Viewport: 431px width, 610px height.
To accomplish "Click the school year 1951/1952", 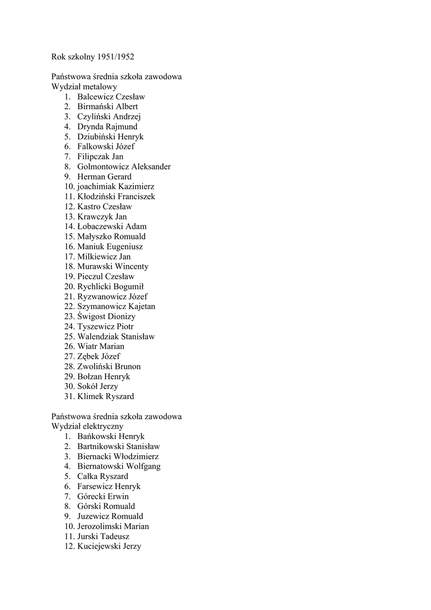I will (115, 57).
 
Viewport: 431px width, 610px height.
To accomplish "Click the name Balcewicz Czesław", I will (111, 97).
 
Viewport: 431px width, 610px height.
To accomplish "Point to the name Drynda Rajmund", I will (107, 127).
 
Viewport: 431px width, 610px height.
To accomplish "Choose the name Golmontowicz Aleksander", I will (124, 167).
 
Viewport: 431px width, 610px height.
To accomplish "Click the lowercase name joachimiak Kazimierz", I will (115, 187).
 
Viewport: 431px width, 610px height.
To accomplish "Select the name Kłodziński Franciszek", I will (116, 197).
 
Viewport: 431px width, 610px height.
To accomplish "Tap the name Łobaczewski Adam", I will (112, 226).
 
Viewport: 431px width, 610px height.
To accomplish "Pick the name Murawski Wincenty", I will (113, 266).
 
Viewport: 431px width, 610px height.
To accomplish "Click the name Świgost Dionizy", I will (107, 316).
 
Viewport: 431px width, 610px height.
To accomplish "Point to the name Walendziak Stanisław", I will (116, 337).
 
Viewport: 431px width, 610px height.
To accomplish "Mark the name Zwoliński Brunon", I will (109, 366).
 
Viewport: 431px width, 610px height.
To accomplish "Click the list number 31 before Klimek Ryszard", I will (69, 396).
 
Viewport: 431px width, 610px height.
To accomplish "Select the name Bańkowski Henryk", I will (111, 437).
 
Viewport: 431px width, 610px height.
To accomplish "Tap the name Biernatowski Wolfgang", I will (118, 466).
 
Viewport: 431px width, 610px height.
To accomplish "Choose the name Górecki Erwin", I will (103, 496).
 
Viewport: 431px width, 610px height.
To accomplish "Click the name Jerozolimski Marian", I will (113, 527).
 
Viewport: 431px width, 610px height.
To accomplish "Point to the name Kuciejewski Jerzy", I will (109, 546).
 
